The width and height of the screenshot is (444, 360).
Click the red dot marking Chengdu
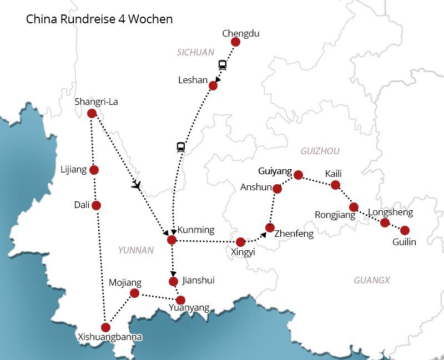tap(235, 42)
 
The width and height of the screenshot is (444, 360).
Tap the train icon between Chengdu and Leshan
tap(223, 65)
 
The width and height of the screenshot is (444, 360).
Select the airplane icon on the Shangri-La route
tap(137, 185)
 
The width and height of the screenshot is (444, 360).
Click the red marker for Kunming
tap(171, 240)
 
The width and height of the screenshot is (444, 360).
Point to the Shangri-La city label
tap(96, 102)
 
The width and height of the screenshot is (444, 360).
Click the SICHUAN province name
tap(195, 52)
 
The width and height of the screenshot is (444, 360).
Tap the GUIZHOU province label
tap(320, 151)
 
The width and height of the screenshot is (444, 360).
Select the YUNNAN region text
tap(135, 250)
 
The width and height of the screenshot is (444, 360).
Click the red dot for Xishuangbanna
tap(105, 327)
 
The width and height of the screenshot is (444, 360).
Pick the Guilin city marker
tap(405, 230)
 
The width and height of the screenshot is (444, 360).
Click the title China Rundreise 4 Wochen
tap(99, 19)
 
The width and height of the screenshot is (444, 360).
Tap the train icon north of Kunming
tap(180, 147)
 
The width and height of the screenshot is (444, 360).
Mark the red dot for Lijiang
tap(94, 170)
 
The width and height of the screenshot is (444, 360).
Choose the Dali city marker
tap(96, 205)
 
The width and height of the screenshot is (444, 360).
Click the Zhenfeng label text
tap(294, 234)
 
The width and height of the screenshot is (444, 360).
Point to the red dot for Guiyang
tap(298, 175)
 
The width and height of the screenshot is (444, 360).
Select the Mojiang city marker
tap(134, 293)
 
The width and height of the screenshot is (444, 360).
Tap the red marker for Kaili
tap(335, 185)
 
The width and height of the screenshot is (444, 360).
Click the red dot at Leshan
tap(213, 85)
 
